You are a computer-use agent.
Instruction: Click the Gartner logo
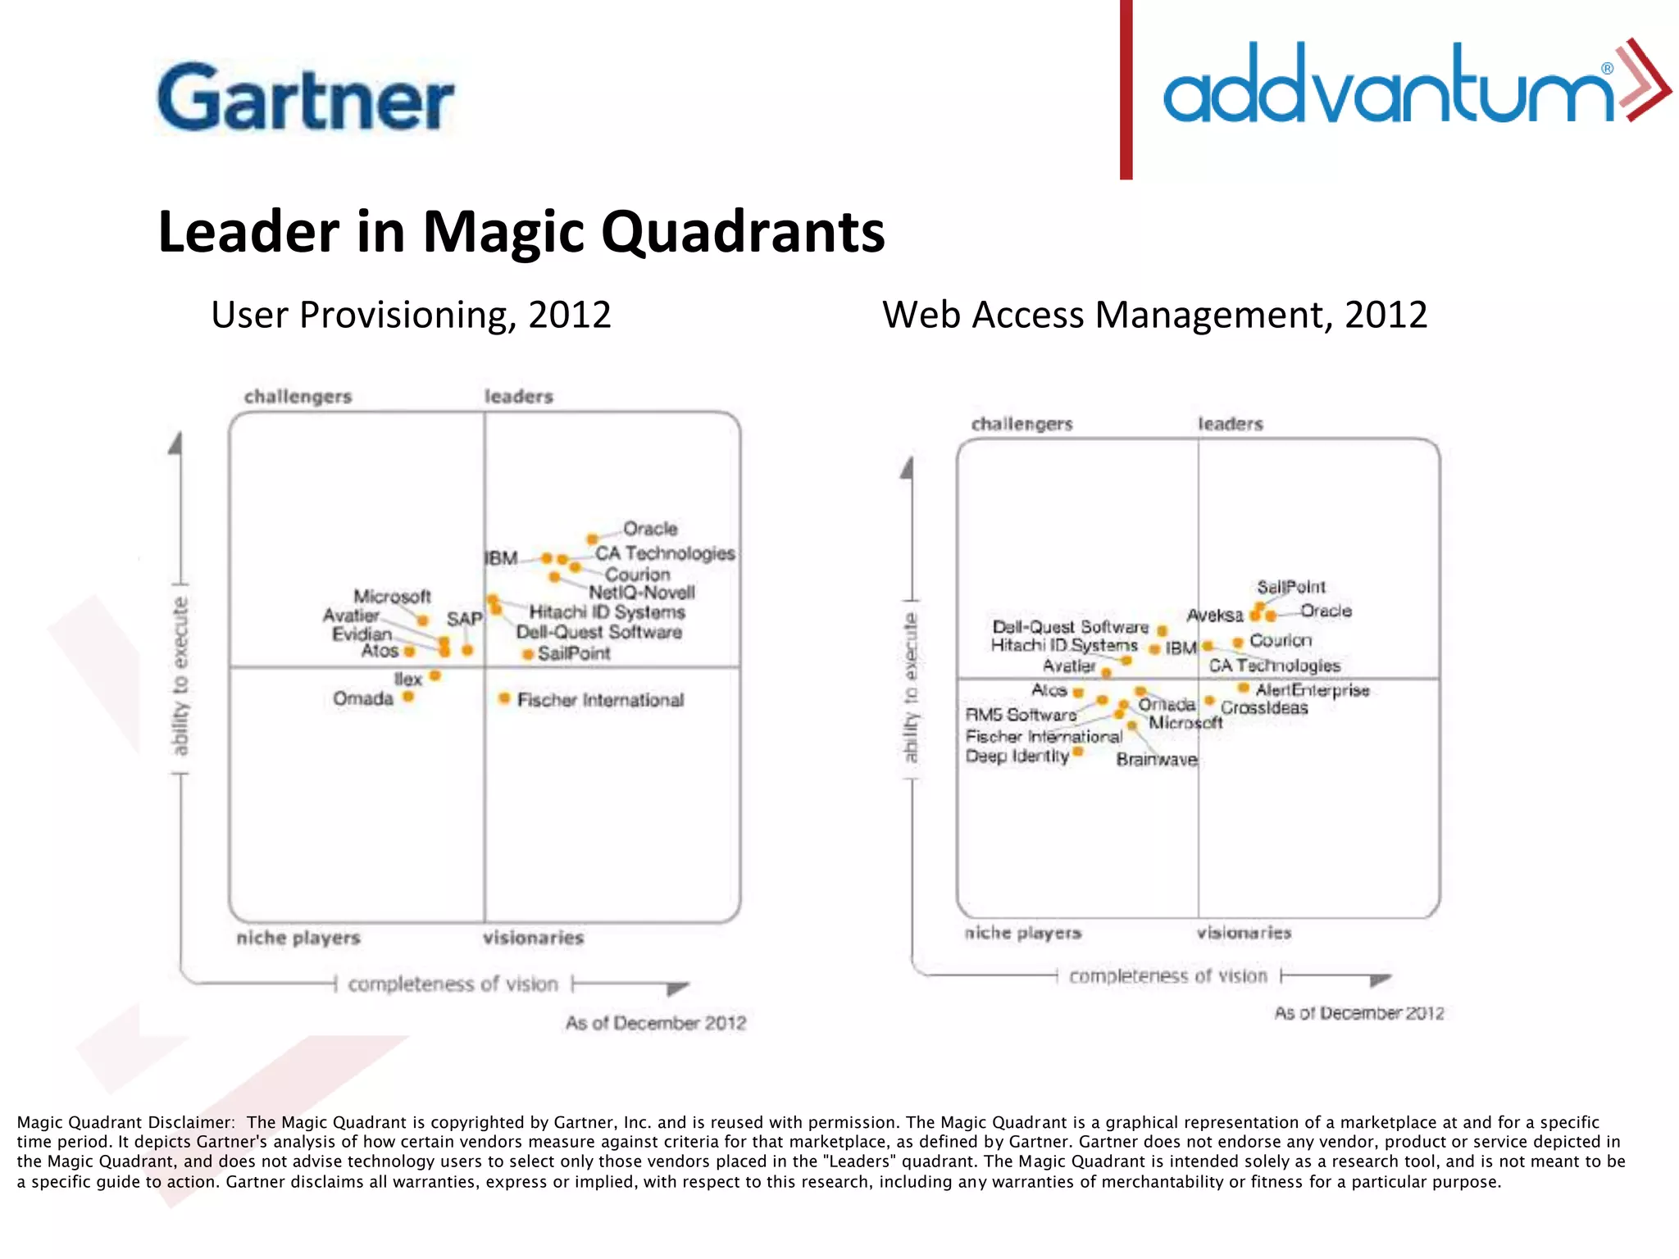click(x=305, y=97)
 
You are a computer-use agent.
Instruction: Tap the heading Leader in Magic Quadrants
click(x=521, y=232)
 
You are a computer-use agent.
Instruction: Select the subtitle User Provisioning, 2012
click(x=411, y=316)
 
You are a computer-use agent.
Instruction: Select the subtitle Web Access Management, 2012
click(x=1154, y=316)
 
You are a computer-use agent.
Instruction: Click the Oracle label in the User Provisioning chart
click(x=650, y=529)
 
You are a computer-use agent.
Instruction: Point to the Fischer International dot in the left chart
click(x=504, y=698)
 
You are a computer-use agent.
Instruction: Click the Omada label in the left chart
click(x=363, y=698)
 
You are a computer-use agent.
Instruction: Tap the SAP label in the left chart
click(x=464, y=619)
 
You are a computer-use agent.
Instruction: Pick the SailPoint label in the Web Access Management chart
click(x=1290, y=587)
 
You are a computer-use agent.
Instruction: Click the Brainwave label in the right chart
click(x=1156, y=760)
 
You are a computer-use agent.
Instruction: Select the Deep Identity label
click(x=1017, y=756)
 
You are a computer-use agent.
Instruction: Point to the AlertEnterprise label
click(x=1312, y=690)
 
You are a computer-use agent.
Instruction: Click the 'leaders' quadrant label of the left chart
click(x=518, y=397)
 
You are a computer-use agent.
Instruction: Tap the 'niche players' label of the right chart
click(x=1022, y=933)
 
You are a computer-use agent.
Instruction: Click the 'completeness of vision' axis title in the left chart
click(x=453, y=984)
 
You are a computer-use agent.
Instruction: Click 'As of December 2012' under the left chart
click(x=655, y=1023)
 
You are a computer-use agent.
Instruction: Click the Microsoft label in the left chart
click(x=392, y=596)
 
